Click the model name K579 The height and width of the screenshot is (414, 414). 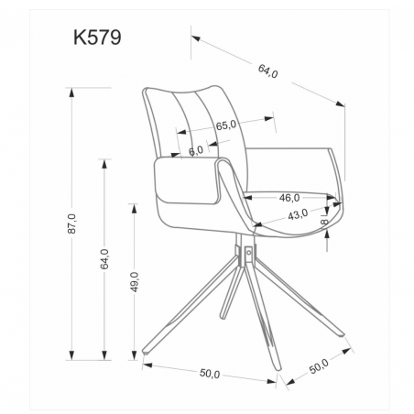[x=97, y=38]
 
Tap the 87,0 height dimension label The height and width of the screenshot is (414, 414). [x=71, y=223]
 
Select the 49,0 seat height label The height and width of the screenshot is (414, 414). [x=135, y=282]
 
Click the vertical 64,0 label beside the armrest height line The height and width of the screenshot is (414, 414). [x=104, y=259]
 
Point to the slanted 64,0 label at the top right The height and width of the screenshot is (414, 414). [x=267, y=71]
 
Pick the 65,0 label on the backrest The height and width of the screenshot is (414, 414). [x=226, y=125]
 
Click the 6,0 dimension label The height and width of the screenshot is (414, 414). [x=196, y=150]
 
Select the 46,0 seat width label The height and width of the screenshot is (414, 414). [x=289, y=198]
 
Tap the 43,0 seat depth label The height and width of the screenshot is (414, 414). [x=298, y=214]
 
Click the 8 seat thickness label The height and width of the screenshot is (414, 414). [x=325, y=221]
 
